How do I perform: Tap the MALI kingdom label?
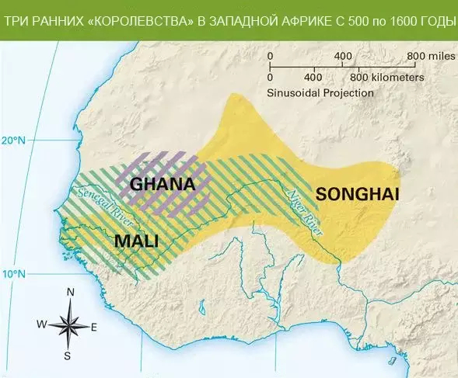(x=136, y=241)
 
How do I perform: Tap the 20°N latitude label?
(x=14, y=140)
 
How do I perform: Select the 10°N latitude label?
(x=14, y=275)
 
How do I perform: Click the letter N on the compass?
(x=70, y=292)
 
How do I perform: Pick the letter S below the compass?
(x=68, y=356)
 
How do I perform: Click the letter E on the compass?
(x=94, y=327)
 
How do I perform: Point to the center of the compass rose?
(x=69, y=324)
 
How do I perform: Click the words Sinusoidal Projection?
(x=320, y=92)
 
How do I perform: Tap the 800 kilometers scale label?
(x=386, y=78)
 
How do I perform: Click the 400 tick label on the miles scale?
(x=343, y=57)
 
